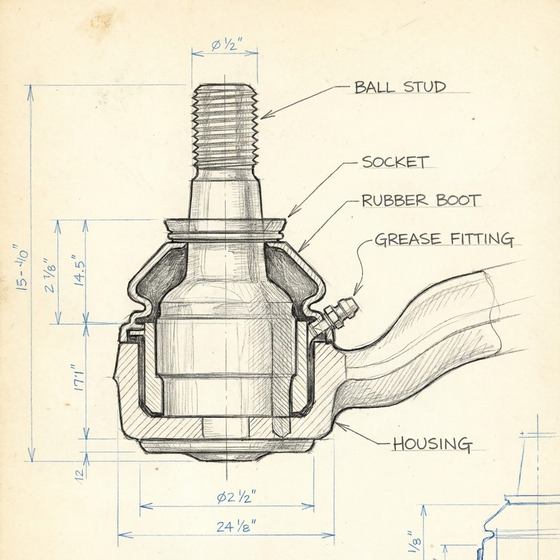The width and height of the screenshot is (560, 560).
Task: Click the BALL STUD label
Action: [400, 87]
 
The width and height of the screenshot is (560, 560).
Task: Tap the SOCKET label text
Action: [395, 162]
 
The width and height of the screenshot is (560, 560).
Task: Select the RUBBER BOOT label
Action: [421, 200]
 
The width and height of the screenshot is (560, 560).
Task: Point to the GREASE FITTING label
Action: [444, 239]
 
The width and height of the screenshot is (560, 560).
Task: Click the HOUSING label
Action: [432, 444]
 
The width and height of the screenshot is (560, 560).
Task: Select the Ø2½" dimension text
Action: [236, 497]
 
